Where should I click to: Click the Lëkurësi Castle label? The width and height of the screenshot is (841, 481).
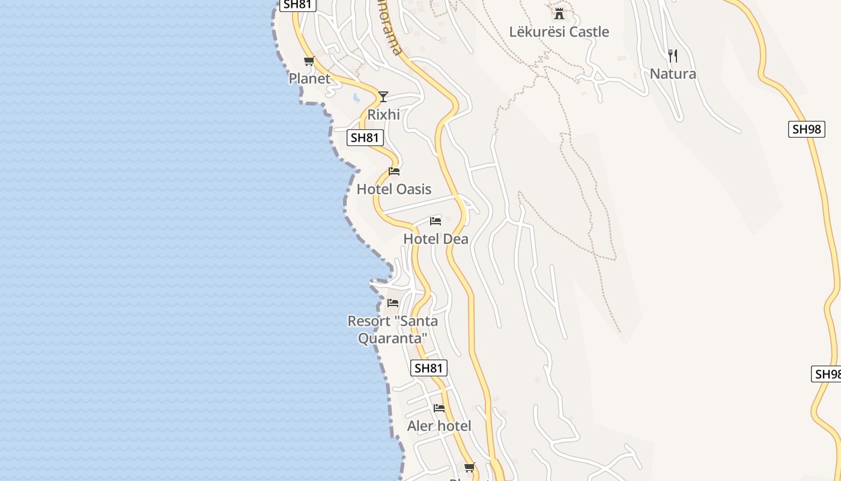(x=559, y=32)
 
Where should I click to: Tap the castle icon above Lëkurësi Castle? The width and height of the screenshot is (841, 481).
(x=559, y=13)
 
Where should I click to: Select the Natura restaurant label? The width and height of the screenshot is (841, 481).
(x=673, y=74)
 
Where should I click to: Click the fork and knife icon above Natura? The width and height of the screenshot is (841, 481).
(x=673, y=56)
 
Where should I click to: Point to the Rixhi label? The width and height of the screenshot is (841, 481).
(x=383, y=114)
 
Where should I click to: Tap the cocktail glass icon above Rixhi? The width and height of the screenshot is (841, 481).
(x=383, y=96)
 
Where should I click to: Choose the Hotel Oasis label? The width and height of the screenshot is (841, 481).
(x=394, y=189)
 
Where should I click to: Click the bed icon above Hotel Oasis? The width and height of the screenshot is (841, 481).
(x=394, y=171)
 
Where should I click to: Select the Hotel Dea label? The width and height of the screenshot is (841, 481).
(x=436, y=239)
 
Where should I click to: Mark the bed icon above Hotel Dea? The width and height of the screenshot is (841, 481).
(x=436, y=221)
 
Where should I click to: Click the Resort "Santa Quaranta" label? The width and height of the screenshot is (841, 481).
(x=393, y=329)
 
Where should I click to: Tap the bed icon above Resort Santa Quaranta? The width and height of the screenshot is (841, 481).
(x=393, y=302)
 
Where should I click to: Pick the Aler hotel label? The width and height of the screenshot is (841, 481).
(x=439, y=426)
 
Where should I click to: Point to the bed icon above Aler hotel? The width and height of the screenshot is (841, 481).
(x=439, y=408)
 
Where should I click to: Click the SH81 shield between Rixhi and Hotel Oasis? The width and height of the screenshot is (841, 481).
(x=365, y=138)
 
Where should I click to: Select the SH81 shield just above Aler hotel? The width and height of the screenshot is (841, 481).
(x=429, y=368)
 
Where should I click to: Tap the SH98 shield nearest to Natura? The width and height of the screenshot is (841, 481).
(x=806, y=129)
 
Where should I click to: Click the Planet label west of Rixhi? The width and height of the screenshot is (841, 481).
(x=309, y=79)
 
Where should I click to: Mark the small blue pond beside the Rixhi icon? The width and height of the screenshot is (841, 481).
(x=356, y=97)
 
